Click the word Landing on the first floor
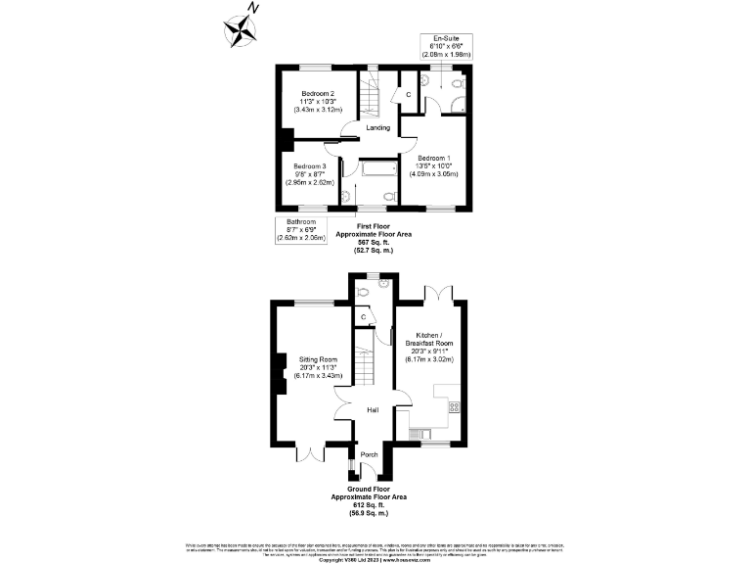(x=377, y=128)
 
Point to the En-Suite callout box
(x=446, y=45)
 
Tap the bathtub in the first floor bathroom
(x=376, y=167)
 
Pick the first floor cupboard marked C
(x=408, y=95)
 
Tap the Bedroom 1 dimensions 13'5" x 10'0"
(x=435, y=166)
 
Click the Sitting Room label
(x=318, y=360)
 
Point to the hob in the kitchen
(x=453, y=405)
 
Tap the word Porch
(x=370, y=454)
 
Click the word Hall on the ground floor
(x=373, y=410)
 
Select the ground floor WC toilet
(x=364, y=290)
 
